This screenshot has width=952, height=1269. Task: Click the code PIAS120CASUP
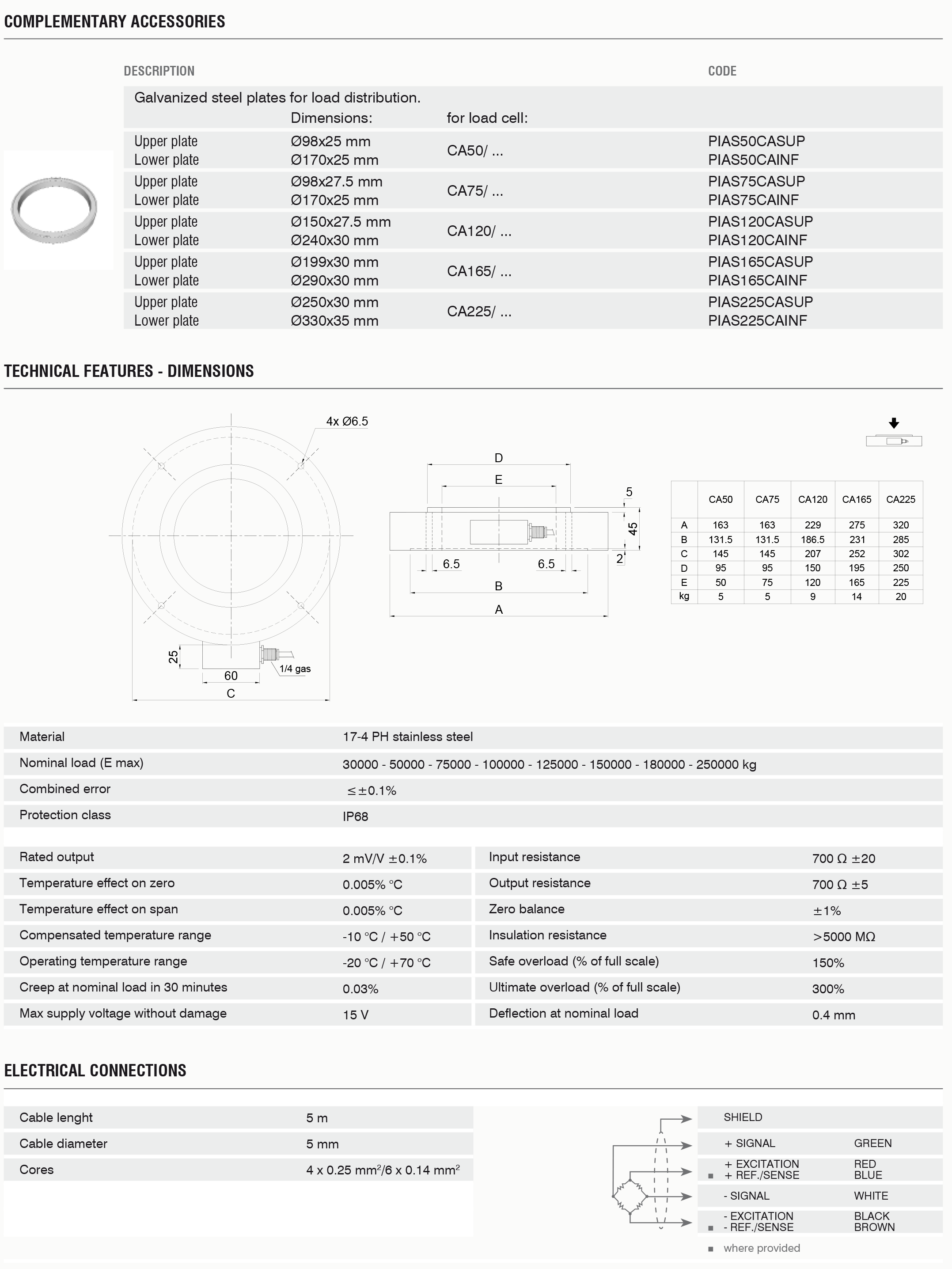click(760, 221)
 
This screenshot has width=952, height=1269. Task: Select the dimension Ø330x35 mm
click(334, 321)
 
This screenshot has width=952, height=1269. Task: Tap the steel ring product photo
click(54, 210)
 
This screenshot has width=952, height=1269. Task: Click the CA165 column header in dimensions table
click(856, 499)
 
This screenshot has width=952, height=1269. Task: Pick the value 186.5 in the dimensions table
click(813, 539)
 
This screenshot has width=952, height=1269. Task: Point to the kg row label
click(683, 596)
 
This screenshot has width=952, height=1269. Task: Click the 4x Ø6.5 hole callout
click(347, 421)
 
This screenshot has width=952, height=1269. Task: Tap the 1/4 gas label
click(295, 669)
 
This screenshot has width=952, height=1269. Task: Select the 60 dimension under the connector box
click(231, 676)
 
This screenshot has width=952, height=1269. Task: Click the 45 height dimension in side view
click(633, 528)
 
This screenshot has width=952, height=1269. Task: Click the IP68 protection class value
click(355, 817)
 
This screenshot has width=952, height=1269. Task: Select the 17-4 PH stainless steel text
click(407, 737)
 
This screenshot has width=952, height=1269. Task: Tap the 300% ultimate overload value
click(827, 988)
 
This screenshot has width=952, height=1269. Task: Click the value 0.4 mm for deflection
click(833, 1015)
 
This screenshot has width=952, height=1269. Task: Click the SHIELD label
click(743, 1117)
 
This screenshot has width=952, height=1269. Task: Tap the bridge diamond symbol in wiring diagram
click(630, 1196)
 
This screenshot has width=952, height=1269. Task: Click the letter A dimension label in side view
click(498, 609)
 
